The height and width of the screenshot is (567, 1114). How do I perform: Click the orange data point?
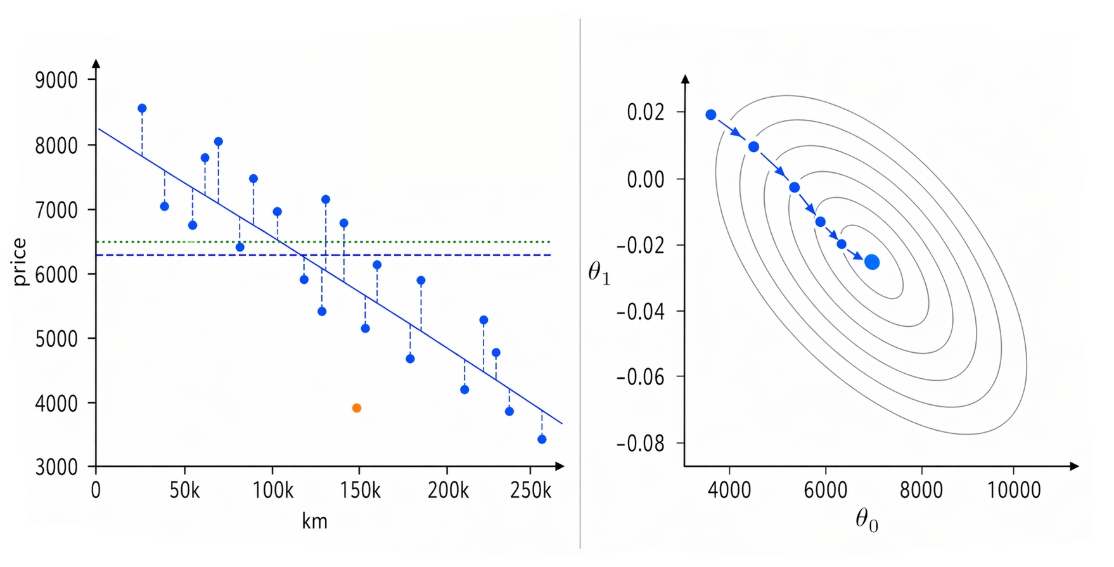pyautogui.click(x=357, y=408)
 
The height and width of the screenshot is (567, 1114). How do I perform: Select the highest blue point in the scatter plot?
pyautogui.click(x=142, y=108)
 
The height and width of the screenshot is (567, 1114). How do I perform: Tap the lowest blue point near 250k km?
pyautogui.click(x=542, y=439)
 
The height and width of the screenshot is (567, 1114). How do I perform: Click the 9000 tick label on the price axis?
pyautogui.click(x=56, y=80)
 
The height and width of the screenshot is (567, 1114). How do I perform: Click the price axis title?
pyautogui.click(x=20, y=262)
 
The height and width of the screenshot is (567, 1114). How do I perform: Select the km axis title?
pyautogui.click(x=314, y=521)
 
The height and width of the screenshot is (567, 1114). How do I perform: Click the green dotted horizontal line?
pyautogui.click(x=444, y=242)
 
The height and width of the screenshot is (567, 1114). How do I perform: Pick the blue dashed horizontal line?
pyautogui.click(x=444, y=255)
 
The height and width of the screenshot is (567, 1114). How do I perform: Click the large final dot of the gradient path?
pyautogui.click(x=872, y=262)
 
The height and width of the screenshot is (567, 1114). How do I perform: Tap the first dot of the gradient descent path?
pyautogui.click(x=711, y=115)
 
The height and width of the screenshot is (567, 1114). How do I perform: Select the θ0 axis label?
pyautogui.click(x=867, y=521)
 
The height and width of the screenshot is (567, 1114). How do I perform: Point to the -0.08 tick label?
pyautogui.click(x=641, y=443)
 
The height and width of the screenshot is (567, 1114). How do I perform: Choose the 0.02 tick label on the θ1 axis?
pyautogui.click(x=646, y=112)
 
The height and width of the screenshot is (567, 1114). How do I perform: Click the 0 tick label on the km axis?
pyautogui.click(x=96, y=491)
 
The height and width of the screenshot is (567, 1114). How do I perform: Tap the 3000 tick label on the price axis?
pyautogui.click(x=56, y=468)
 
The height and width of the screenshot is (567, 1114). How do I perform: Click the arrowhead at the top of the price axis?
pyautogui.click(x=96, y=63)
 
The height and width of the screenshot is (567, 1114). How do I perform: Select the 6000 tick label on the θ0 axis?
pyautogui.click(x=825, y=490)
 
